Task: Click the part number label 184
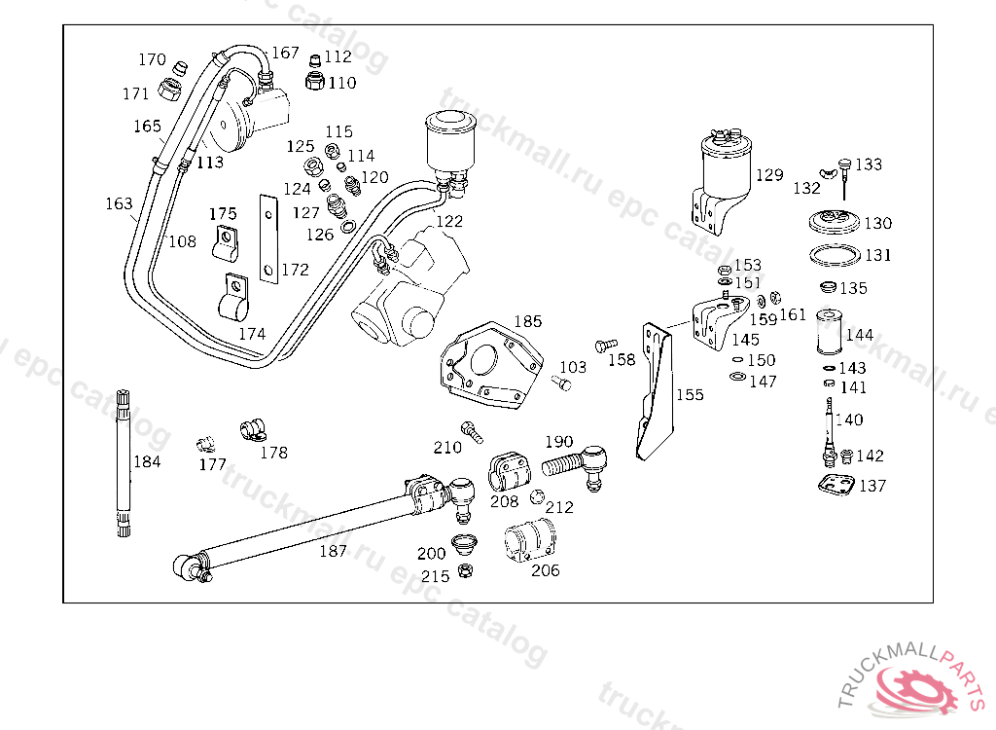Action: point(147,461)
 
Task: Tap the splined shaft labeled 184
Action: point(124,462)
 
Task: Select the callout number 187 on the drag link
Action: point(333,551)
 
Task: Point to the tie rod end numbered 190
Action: point(576,466)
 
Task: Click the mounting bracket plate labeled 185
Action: point(491,365)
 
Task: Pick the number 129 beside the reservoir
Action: point(770,174)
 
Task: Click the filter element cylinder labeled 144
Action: point(830,331)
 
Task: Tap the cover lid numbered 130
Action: point(835,221)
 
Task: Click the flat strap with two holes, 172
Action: point(268,238)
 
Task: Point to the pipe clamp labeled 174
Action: point(233,298)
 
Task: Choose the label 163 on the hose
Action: point(119,203)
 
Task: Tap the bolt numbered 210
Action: point(472,432)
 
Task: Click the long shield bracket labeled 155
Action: point(655,391)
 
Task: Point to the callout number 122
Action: point(449,221)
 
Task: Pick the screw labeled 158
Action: point(605,346)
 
